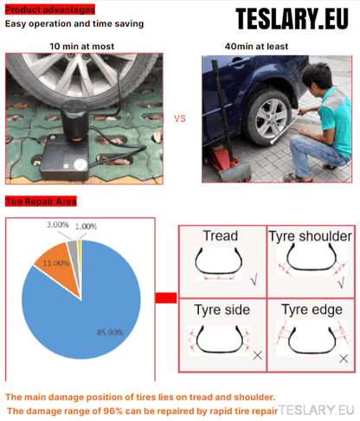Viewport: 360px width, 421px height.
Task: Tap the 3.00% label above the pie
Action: tap(58, 225)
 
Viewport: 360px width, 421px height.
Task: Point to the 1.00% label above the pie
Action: tap(86, 226)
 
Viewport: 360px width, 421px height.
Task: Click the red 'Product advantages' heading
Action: tap(50, 10)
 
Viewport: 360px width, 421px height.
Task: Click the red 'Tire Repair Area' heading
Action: tap(41, 201)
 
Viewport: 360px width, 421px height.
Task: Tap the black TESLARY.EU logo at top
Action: tap(292, 19)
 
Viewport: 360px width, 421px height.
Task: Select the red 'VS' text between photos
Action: tap(180, 118)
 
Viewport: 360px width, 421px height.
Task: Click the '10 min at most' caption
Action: tap(82, 47)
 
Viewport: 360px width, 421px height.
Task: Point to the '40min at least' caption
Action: tap(256, 47)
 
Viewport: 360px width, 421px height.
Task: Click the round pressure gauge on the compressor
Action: tap(80, 164)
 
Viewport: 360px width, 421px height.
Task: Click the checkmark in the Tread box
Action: tap(254, 279)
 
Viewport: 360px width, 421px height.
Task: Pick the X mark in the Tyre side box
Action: tap(257, 355)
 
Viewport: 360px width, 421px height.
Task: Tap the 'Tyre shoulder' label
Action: tap(311, 237)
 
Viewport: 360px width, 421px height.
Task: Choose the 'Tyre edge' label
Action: tap(312, 310)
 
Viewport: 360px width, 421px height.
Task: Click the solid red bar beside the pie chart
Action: tap(166, 298)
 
